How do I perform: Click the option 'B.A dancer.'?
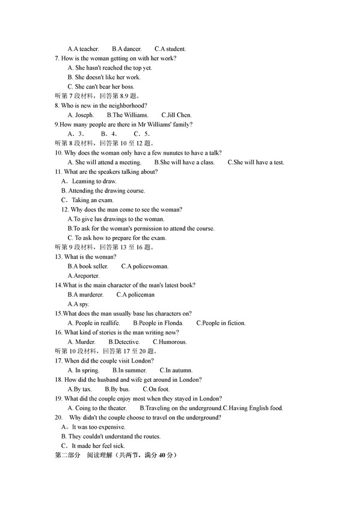tap(126, 49)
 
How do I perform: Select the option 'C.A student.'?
tap(170, 49)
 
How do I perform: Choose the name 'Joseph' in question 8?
tap(84, 115)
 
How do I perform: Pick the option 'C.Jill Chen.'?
tap(176, 115)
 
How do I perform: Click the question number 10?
tap(58, 153)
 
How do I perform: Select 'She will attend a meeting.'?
tap(108, 162)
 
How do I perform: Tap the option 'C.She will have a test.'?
tap(256, 162)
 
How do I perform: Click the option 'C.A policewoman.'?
tap(144, 266)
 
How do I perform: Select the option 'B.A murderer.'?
tap(85, 295)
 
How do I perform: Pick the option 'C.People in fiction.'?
tap(221, 323)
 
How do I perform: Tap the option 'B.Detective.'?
tap(123, 342)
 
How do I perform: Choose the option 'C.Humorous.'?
tap(169, 342)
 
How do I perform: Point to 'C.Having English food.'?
tap(253, 408)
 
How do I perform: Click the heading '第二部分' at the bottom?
tap(67, 455)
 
